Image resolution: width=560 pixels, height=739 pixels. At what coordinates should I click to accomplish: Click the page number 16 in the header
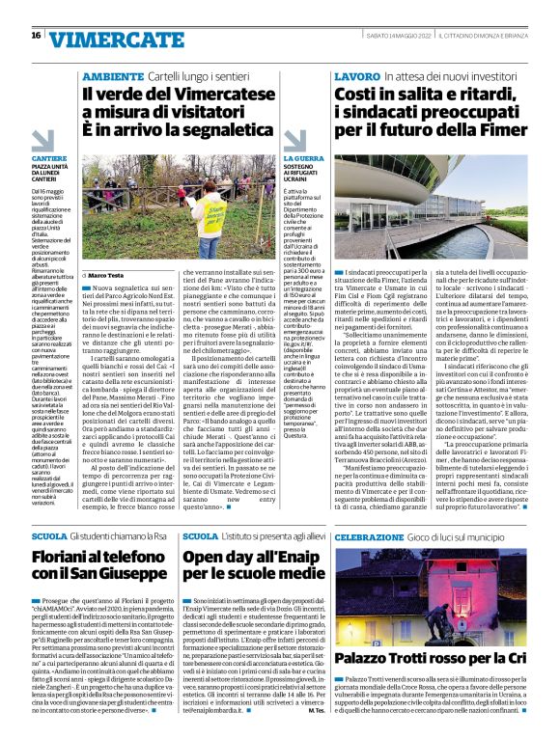click(x=36, y=36)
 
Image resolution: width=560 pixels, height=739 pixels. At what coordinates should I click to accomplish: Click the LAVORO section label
click(x=355, y=75)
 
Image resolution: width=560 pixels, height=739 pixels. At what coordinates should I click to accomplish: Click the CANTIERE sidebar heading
click(x=49, y=156)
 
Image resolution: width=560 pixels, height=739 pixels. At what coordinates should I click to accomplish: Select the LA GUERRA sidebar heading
click(x=303, y=156)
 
